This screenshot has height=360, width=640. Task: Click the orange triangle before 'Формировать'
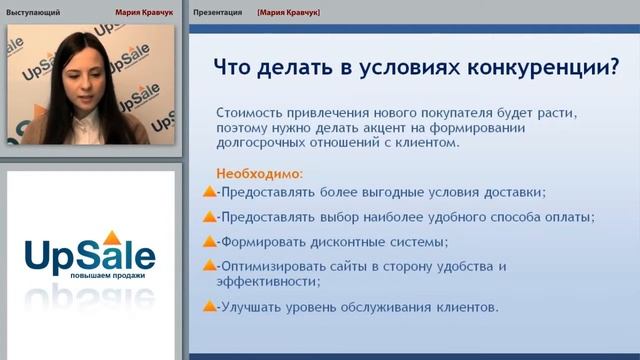(x=209, y=242)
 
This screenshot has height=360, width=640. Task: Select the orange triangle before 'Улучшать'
(x=209, y=307)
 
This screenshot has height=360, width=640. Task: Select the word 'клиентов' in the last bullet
(x=463, y=307)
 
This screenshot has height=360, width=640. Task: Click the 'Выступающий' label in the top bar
(x=33, y=13)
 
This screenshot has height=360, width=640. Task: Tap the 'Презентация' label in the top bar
(x=218, y=13)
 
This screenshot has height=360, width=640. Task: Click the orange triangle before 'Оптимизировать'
(x=209, y=267)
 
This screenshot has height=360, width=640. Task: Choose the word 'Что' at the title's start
(x=236, y=67)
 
